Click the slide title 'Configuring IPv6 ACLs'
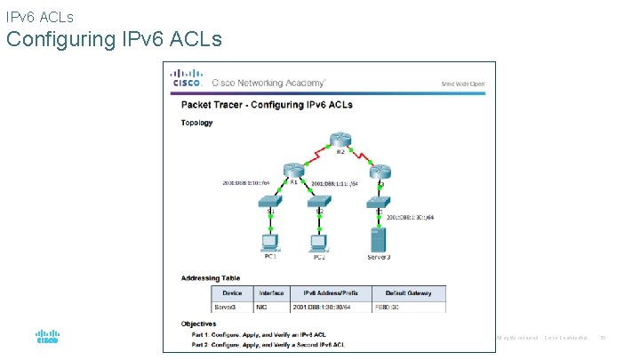tap(114, 40)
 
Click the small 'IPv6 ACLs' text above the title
tap(39, 16)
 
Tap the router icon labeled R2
tap(340, 140)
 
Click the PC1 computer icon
tap(269, 241)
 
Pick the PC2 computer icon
tap(319, 241)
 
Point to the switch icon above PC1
tap(270, 203)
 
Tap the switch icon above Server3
tap(379, 203)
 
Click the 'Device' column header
tap(231, 292)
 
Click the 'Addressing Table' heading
tap(211, 277)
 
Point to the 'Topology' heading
tap(197, 123)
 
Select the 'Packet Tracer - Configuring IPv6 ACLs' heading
tap(267, 104)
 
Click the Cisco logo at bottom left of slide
tap(47, 338)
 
